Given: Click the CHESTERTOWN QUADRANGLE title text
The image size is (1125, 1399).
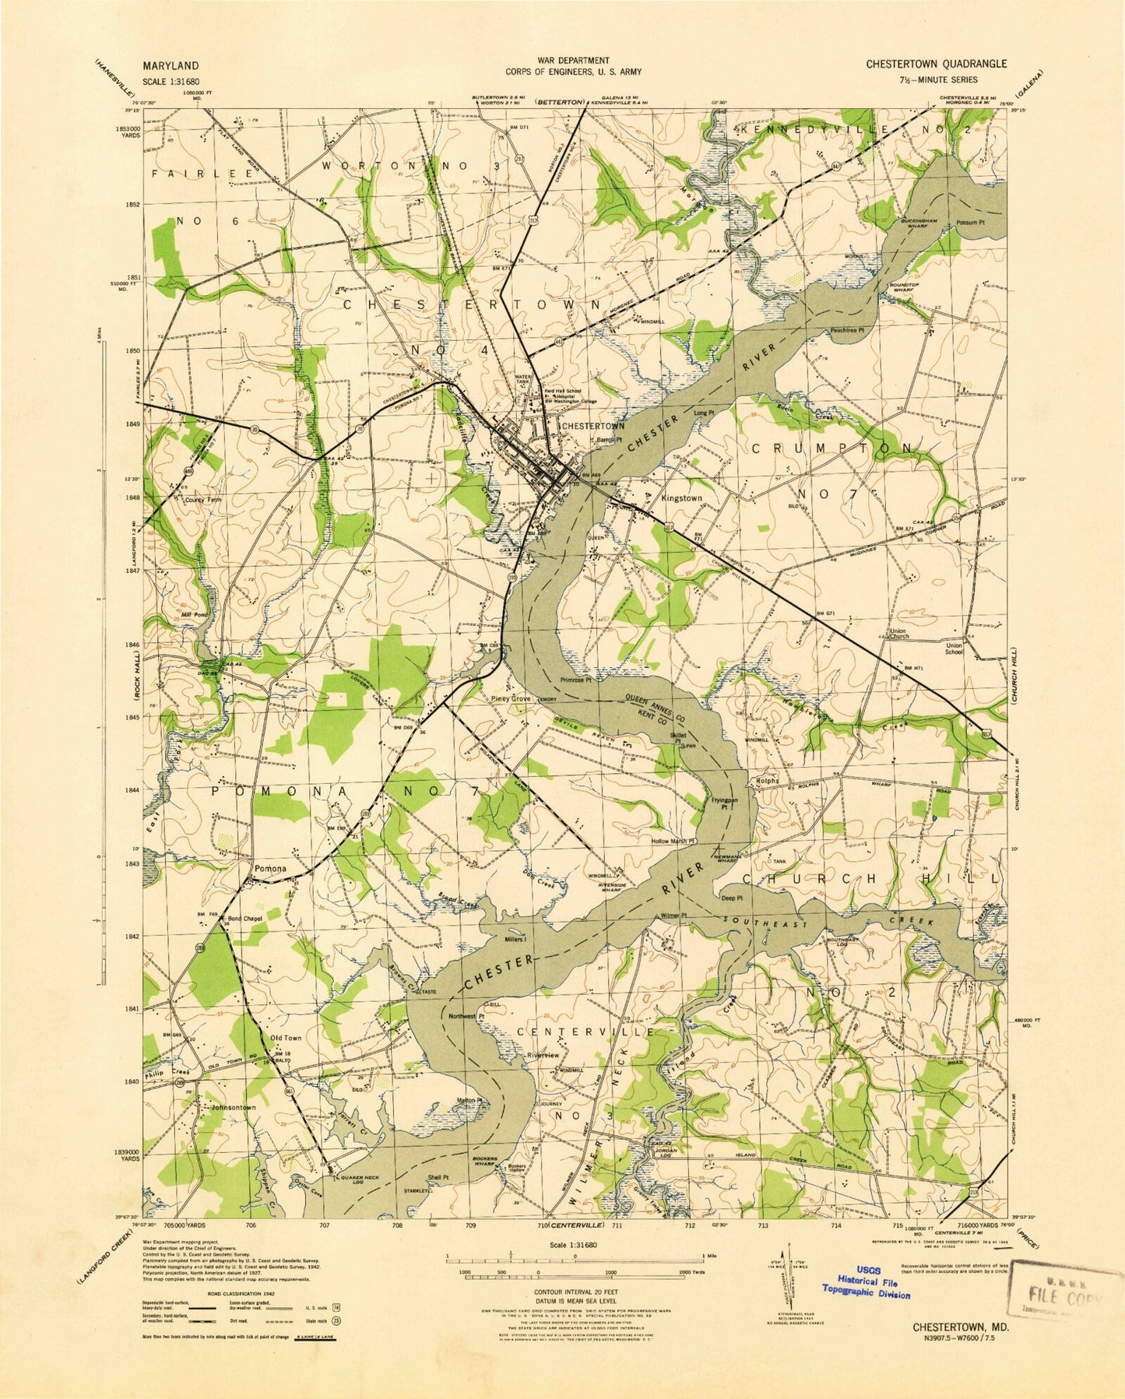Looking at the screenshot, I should [x=936, y=65].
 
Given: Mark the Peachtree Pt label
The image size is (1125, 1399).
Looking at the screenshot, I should [x=848, y=331].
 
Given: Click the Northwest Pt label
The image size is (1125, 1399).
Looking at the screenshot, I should [x=467, y=1016].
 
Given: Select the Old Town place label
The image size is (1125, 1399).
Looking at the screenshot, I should [x=285, y=1038].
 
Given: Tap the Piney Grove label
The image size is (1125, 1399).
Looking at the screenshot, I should [x=510, y=699].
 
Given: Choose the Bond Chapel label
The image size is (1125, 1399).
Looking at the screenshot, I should [x=245, y=919].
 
